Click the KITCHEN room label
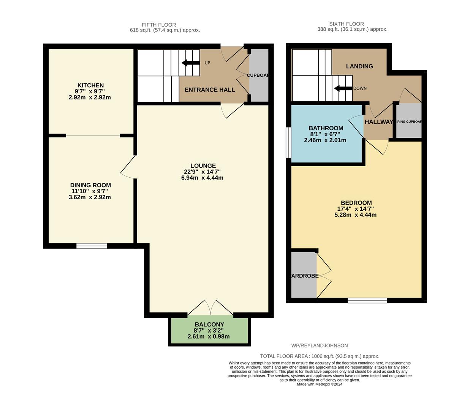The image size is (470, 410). tap(90, 85)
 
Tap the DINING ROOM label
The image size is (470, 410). tap(90, 185)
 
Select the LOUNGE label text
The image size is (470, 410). tap(203, 166)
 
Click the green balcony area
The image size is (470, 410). tap(209, 330)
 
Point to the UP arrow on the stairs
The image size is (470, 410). tap(191, 63)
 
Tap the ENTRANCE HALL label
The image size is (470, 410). tap(210, 90)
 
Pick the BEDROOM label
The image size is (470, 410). tap(356, 203)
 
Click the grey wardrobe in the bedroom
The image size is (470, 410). tap(304, 275)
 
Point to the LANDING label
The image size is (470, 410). tap(359, 66)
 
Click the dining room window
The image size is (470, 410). tap(92, 246)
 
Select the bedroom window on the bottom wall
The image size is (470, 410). tap(367, 300)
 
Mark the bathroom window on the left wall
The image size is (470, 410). tap(288, 142)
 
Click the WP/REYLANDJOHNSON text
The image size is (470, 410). tap(319, 345)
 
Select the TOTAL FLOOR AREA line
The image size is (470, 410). tap(320, 356)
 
